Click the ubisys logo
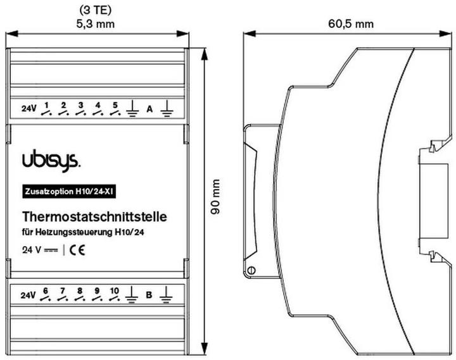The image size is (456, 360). pos(51,161)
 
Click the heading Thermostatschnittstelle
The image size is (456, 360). pos(94,217)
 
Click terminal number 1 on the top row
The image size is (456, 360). pos(46,105)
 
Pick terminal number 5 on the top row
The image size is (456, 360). pos(115,105)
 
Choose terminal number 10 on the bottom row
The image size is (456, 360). pos(114,291)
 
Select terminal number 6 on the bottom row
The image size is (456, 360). pos(45,291)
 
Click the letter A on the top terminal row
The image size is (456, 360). pos(149,109)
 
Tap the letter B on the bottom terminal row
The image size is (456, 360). pos(149,295)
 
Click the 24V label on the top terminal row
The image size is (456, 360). pos(28,109)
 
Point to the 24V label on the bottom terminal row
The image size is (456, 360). pos(28,295)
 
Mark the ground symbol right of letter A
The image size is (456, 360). pos(167,110)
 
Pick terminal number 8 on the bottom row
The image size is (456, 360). pos(80,291)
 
